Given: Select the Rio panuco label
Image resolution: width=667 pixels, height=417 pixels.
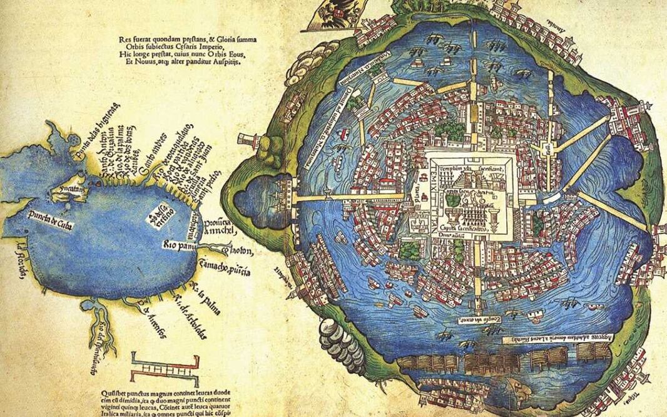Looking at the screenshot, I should click(x=180, y=244).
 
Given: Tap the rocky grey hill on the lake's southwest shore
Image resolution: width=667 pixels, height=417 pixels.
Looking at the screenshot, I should click(x=342, y=341).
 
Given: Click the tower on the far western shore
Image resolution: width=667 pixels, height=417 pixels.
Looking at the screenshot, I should click(x=248, y=140).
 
